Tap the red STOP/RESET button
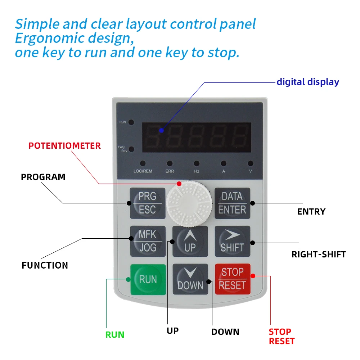(x=232, y=279)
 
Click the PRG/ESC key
(x=147, y=203)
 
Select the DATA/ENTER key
(x=232, y=203)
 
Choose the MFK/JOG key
(x=148, y=241)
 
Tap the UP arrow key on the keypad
(x=190, y=241)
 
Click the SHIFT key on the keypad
(x=232, y=241)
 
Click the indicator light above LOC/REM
(x=143, y=163)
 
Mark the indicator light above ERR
(x=170, y=163)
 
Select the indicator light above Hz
(x=197, y=163)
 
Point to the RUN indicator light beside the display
(x=131, y=122)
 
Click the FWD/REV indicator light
(x=131, y=149)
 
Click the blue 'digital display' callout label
(x=308, y=82)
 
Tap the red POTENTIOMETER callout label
(x=65, y=146)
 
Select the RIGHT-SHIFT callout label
(x=319, y=255)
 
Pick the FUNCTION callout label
(x=45, y=265)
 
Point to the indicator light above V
(x=251, y=163)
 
